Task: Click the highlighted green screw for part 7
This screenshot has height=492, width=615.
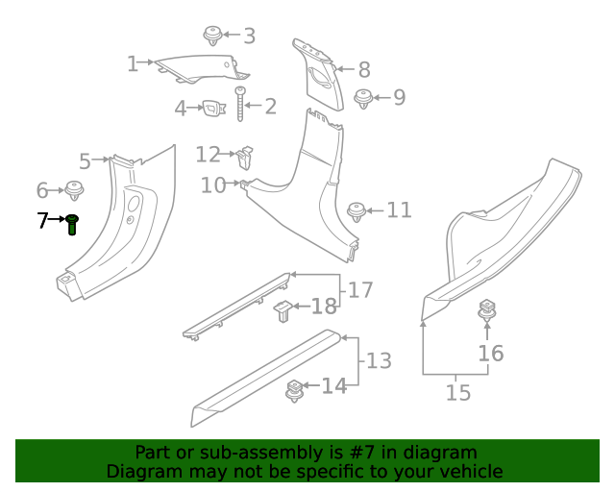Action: (x=72, y=225)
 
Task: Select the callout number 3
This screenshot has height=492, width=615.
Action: (x=249, y=37)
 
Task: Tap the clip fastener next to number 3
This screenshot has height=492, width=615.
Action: (x=213, y=37)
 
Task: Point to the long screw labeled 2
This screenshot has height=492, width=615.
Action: (x=240, y=107)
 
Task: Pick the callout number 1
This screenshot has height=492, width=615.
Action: (x=133, y=64)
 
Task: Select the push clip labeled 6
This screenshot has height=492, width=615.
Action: (x=74, y=189)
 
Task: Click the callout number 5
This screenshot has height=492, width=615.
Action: (x=85, y=161)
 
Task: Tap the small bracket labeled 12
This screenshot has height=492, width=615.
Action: (x=245, y=155)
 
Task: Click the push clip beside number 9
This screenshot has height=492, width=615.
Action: (x=364, y=98)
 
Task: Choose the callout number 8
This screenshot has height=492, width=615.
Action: (x=363, y=69)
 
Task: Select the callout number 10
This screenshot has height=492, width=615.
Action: (x=213, y=184)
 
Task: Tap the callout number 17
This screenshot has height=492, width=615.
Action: (x=359, y=289)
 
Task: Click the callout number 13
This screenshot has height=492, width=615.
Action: (x=379, y=361)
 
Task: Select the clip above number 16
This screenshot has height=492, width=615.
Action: (x=487, y=311)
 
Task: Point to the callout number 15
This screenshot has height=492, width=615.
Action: (x=458, y=392)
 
